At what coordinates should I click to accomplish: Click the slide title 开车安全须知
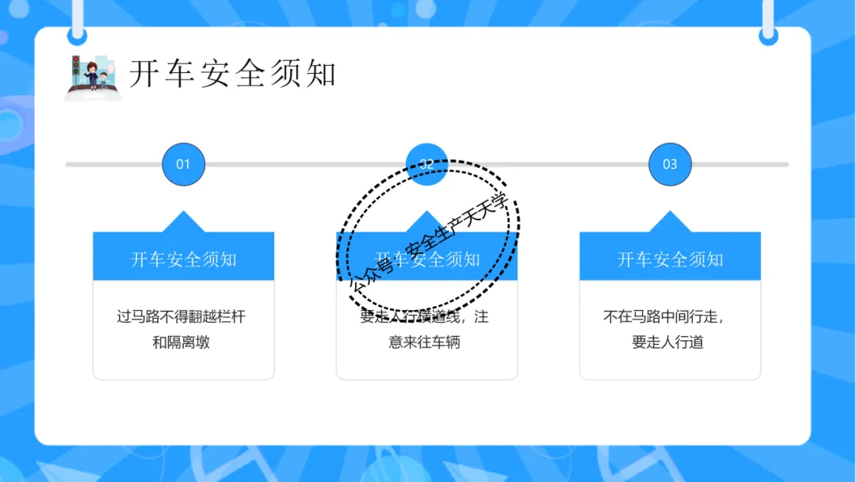pos(233,74)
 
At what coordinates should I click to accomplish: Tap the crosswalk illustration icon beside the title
pos(94,78)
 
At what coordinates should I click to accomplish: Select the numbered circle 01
pos(183,164)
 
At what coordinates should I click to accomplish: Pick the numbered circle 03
pos(670,164)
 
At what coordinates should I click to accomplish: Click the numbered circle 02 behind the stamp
pos(426,161)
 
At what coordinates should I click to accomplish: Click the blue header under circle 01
pos(183,259)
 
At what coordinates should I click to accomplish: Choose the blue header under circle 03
pos(670,259)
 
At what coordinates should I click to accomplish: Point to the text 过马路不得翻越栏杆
pos(182,317)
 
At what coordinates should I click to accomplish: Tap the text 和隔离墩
pos(182,342)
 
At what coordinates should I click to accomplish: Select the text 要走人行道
pos(667,342)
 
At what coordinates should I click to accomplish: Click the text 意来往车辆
pos(425,342)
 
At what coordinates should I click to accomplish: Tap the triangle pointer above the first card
pos(183,222)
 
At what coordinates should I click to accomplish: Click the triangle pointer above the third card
pos(670,222)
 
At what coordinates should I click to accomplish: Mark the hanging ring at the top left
pos(77,35)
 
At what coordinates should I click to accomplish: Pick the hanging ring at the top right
pos(768,35)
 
